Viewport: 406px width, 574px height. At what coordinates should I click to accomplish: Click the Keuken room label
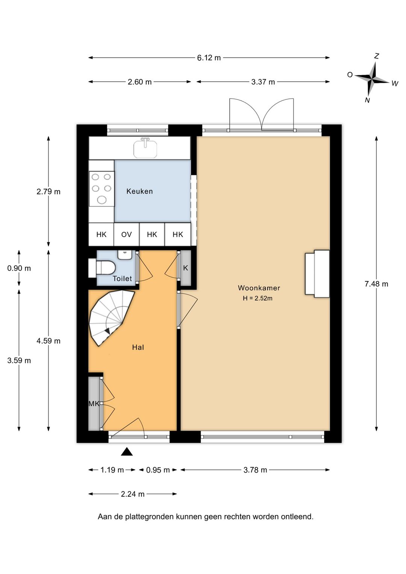pos(139,191)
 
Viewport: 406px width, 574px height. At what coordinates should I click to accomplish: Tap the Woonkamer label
pos(259,288)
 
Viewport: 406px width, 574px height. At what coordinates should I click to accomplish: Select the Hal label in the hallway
pos(138,347)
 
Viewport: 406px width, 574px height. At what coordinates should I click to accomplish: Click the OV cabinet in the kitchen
pos(127,234)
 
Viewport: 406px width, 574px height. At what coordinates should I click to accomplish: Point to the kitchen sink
pos(145,148)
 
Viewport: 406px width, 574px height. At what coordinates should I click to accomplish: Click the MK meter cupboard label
pos(94,404)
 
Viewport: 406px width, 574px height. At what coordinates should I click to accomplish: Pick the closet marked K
pos(186,268)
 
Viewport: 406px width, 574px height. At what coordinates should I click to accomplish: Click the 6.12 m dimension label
pos(209,58)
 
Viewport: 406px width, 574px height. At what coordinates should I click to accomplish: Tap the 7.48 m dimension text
pos(376,284)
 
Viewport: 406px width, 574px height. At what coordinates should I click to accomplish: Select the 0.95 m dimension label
pos(158,470)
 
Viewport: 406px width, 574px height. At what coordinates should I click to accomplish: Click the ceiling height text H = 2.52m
pos(258,298)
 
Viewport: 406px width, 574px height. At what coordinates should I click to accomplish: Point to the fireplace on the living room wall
pos(317,274)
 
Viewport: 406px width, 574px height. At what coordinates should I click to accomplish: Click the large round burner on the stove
pos(102,200)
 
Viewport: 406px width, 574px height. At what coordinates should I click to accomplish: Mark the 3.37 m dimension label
pos(263,82)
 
